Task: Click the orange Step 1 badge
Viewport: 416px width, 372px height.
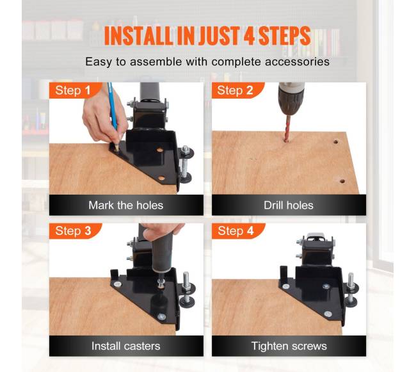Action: (x=74, y=90)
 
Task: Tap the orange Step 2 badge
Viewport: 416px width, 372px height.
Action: (x=237, y=90)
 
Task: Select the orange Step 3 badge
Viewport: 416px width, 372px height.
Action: (x=74, y=231)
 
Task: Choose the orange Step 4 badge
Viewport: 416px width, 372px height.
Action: (x=237, y=231)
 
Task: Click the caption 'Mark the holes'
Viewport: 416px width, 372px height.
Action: (x=125, y=205)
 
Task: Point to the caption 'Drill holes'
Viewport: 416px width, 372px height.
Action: (x=289, y=205)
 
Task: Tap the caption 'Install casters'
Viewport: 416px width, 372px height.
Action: (x=125, y=346)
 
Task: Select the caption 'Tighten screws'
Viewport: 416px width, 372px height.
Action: (x=289, y=346)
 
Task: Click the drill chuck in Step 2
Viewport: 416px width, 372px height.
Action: (x=291, y=99)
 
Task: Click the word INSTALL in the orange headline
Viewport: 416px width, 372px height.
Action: (x=138, y=36)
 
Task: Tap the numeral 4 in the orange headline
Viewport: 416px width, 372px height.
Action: (x=249, y=36)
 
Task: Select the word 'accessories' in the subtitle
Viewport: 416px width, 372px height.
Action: (x=297, y=62)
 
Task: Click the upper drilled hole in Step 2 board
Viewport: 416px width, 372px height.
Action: (x=336, y=142)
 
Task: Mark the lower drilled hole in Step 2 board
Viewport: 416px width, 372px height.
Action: (x=342, y=181)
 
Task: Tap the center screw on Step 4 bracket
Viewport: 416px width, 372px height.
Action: (x=326, y=287)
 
